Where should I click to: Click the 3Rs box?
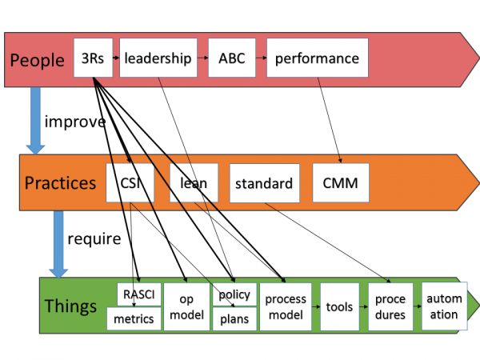pos(93,58)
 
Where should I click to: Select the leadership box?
pos(158,58)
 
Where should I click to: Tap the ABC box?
pos(232,58)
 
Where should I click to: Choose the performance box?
pos(318,58)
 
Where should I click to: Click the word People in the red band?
pos(37,60)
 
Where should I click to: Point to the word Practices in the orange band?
pos(60,183)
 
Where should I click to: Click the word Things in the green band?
pos(70,306)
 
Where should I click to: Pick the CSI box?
pos(130,182)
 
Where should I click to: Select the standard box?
pos(265,183)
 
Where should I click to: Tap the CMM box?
pos(341,182)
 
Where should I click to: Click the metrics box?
pos(134,318)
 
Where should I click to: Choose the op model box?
pos(186,306)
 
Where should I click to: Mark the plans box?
pos(234,318)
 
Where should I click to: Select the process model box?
pos(286,306)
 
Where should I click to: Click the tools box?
pos(339,306)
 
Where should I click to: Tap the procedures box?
pos(390,306)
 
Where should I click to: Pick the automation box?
pos(445,306)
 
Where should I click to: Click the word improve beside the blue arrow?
pos(75,122)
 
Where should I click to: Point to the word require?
pos(94,238)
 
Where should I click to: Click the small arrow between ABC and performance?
pos(261,58)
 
